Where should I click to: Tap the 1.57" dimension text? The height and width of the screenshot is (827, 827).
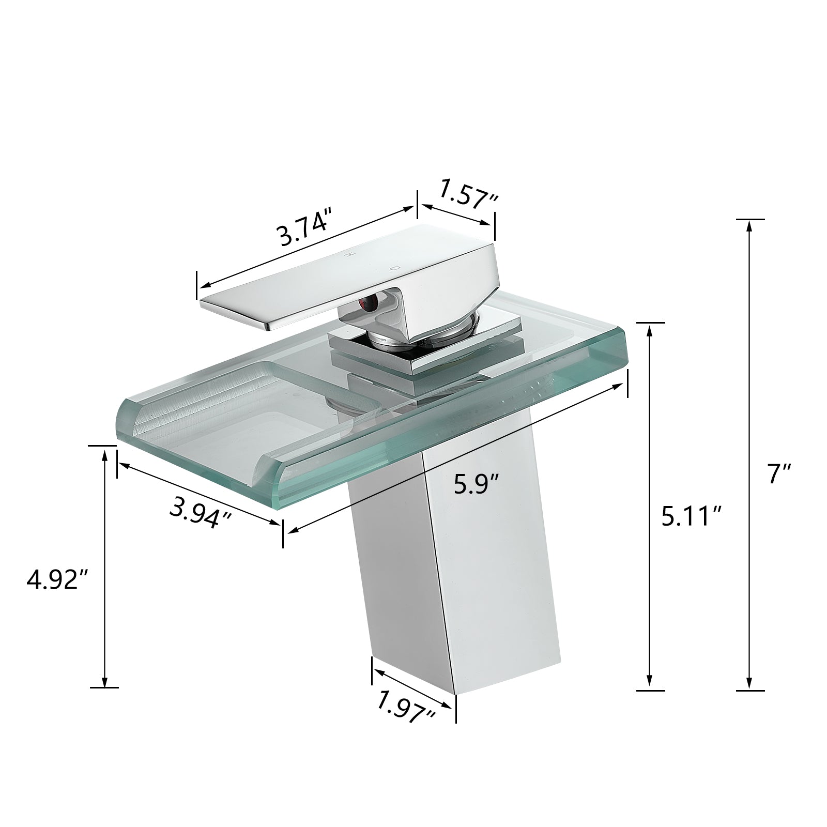pyautogui.click(x=468, y=193)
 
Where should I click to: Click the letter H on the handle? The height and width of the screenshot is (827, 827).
pyautogui.click(x=349, y=255)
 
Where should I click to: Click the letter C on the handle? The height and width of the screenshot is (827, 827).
pyautogui.click(x=394, y=268)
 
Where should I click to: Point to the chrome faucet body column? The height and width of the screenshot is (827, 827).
pyautogui.click(x=465, y=569)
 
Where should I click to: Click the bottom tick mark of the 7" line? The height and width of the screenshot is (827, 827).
pyautogui.click(x=749, y=690)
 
